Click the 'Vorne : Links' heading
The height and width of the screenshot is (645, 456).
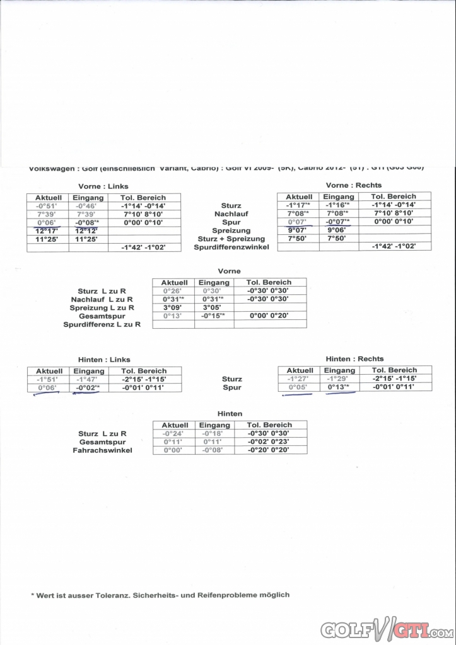pyautogui.click(x=103, y=186)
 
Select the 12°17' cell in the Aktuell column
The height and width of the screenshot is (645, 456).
pyautogui.click(x=47, y=231)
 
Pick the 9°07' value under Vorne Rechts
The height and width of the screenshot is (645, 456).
pyautogui.click(x=298, y=231)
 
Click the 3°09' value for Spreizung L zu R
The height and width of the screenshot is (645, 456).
pyautogui.click(x=172, y=307)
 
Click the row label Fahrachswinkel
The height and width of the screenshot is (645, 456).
pyautogui.click(x=102, y=450)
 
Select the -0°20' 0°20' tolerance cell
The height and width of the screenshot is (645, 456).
pyautogui.click(x=267, y=450)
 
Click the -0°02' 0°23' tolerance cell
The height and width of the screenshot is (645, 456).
pyautogui.click(x=267, y=442)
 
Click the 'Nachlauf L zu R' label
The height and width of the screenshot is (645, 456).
pyautogui.click(x=102, y=299)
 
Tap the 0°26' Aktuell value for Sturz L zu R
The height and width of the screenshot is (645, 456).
pyautogui.click(x=172, y=291)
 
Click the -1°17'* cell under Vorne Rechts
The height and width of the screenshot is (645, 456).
pyautogui.click(x=298, y=205)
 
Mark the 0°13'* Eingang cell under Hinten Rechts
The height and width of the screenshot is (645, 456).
pyautogui.click(x=339, y=387)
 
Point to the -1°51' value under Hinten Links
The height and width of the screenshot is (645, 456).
pyautogui.click(x=47, y=380)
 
